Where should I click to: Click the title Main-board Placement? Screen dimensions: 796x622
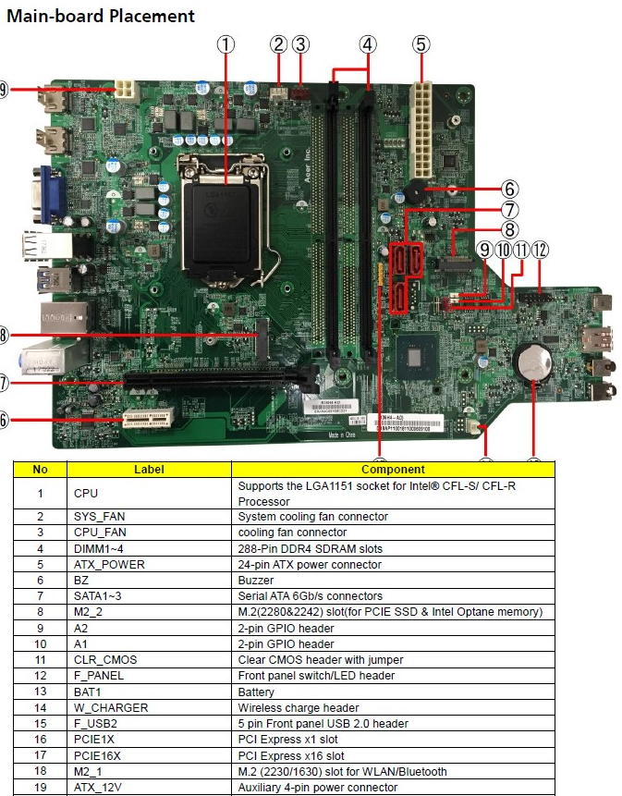click(x=100, y=17)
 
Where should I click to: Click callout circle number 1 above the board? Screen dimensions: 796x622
click(x=226, y=44)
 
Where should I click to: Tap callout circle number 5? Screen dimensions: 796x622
click(x=421, y=43)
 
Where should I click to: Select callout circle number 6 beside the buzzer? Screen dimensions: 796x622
click(x=510, y=190)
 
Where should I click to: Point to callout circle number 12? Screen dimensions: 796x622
click(x=539, y=250)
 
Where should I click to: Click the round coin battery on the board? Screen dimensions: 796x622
click(x=533, y=364)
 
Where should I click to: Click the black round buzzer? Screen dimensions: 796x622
click(x=413, y=191)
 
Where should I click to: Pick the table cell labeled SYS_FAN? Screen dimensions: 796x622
click(x=102, y=517)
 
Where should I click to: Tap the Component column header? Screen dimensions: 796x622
click(x=393, y=470)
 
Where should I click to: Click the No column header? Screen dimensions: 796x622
click(x=41, y=470)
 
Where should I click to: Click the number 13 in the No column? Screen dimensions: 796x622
click(x=41, y=692)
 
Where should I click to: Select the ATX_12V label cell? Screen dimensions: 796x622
click(x=101, y=788)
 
